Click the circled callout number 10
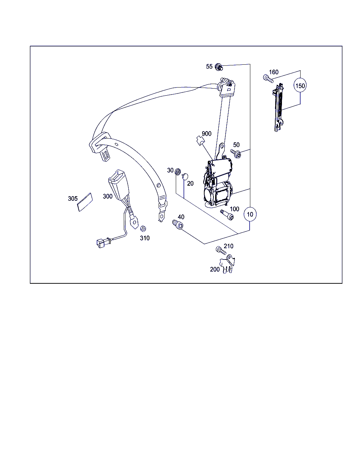pyautogui.click(x=250, y=214)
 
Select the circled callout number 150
pyautogui.click(x=300, y=85)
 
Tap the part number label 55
pyautogui.click(x=209, y=66)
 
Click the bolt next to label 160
pyautogui.click(x=268, y=78)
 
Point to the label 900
pyautogui.click(x=206, y=133)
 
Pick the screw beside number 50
pyautogui.click(x=236, y=154)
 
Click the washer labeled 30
pyautogui.click(x=178, y=172)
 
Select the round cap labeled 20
pyautogui.click(x=185, y=176)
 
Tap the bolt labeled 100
pyautogui.click(x=227, y=215)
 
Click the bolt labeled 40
pyautogui.click(x=178, y=224)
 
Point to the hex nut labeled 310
pyautogui.click(x=143, y=229)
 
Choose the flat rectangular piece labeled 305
pyautogui.click(x=85, y=202)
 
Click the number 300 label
pyautogui.click(x=108, y=196)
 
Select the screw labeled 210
pyautogui.click(x=221, y=250)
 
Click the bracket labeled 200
pyautogui.click(x=227, y=264)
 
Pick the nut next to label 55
pyautogui.click(x=219, y=67)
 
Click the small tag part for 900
pyautogui.click(x=200, y=141)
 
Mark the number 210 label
pyautogui.click(x=229, y=246)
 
